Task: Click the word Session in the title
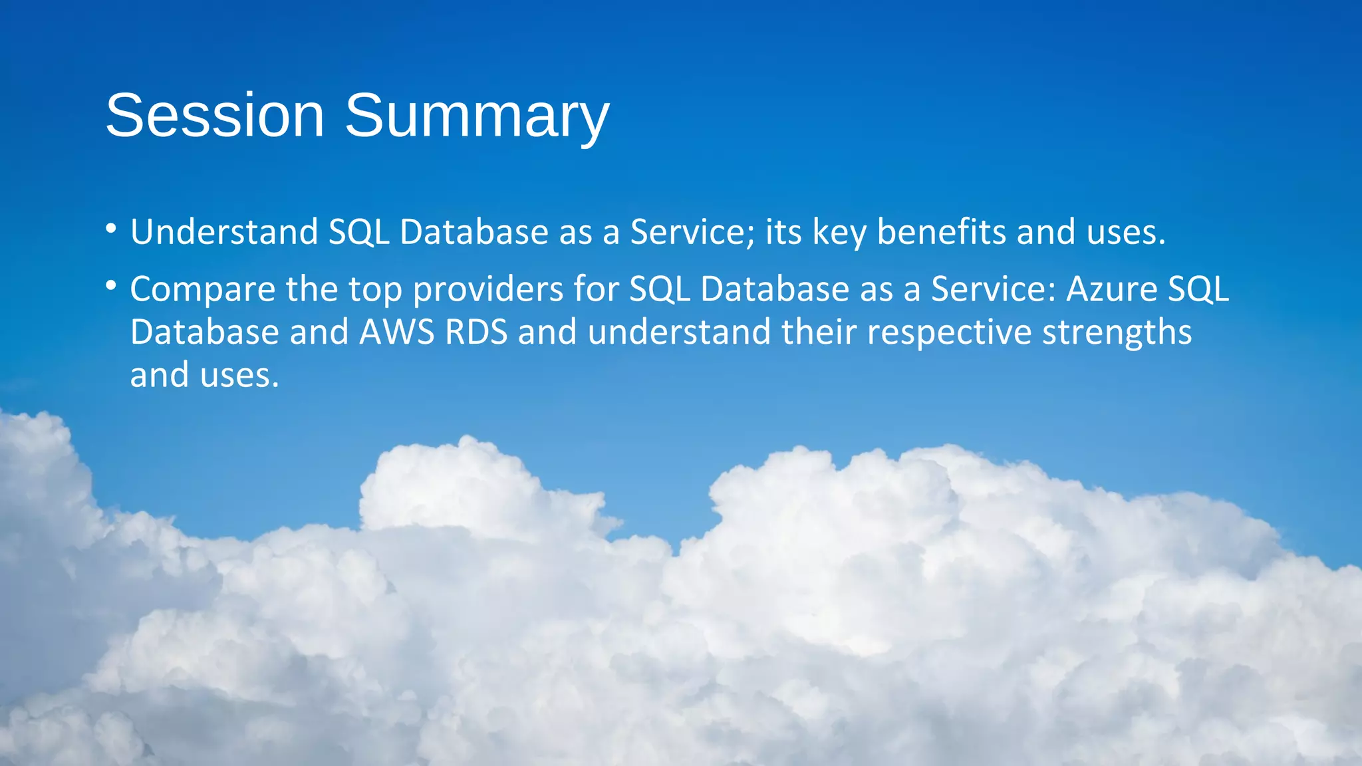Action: (215, 116)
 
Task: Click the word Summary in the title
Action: (476, 116)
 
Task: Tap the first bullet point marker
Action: (111, 230)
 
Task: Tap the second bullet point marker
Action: (111, 287)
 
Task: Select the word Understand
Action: (224, 232)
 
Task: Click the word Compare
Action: (202, 290)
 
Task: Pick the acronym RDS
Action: (476, 332)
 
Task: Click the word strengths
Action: (1117, 333)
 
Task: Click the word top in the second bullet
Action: (375, 291)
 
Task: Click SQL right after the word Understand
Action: (359, 233)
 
